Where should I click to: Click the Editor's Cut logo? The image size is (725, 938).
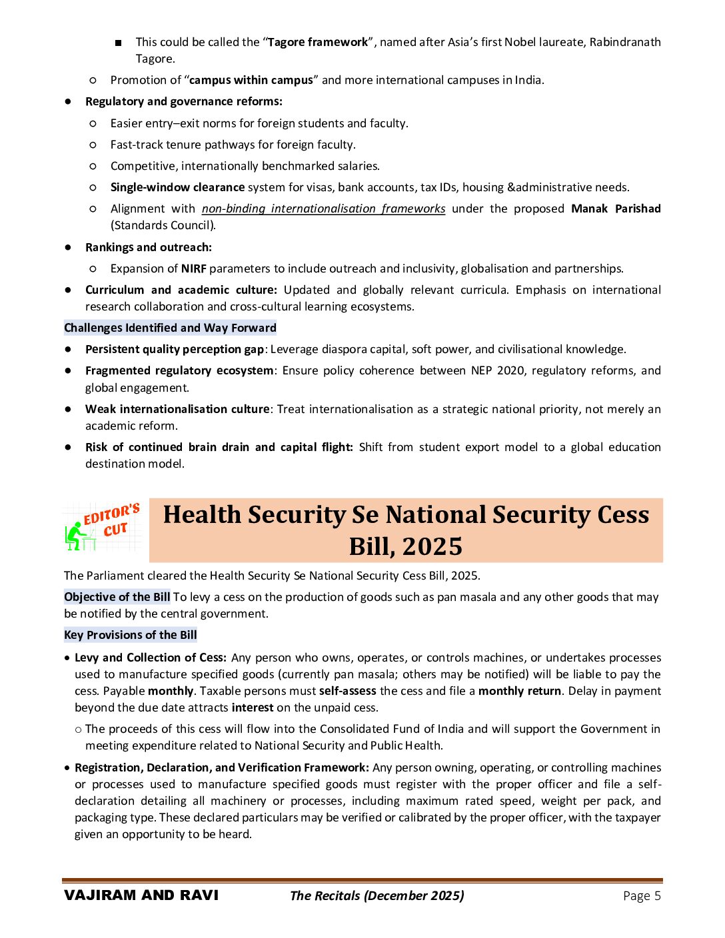point(103,528)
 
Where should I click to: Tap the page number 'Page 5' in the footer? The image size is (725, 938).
point(642,895)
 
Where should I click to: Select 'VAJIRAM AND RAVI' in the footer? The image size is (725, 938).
point(141,895)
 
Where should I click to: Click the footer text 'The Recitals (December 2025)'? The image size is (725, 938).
point(377,895)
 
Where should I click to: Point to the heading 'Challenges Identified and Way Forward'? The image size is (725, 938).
point(170,328)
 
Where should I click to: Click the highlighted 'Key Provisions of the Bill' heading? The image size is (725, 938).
point(131,635)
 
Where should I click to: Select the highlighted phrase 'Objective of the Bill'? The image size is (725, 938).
point(117,597)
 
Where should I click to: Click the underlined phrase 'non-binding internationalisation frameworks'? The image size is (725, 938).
point(323,209)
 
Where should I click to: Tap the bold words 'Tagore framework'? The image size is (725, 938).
point(318,42)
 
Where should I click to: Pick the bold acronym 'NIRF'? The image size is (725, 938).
point(193,268)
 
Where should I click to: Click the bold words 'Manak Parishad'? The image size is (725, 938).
point(616,209)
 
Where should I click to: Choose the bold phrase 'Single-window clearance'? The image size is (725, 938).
point(177,187)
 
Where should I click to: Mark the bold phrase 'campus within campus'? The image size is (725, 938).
point(251,80)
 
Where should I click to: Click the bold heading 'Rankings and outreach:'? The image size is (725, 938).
point(149,247)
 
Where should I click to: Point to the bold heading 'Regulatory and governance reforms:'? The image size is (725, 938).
point(184,101)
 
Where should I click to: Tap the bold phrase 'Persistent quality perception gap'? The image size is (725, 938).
point(175,349)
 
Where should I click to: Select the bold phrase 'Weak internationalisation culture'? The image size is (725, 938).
point(177,409)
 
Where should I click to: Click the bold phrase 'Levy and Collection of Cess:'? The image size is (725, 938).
point(151,658)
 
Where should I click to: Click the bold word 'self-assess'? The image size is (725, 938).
point(347,691)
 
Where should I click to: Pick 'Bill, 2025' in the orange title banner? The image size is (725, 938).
point(405,546)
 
